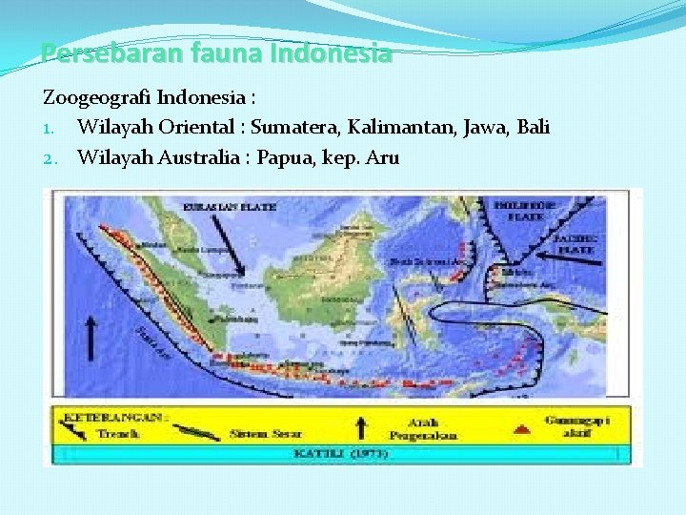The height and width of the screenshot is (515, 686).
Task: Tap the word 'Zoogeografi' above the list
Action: click(x=96, y=98)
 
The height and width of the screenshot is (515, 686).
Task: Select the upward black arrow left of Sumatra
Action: click(x=92, y=338)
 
